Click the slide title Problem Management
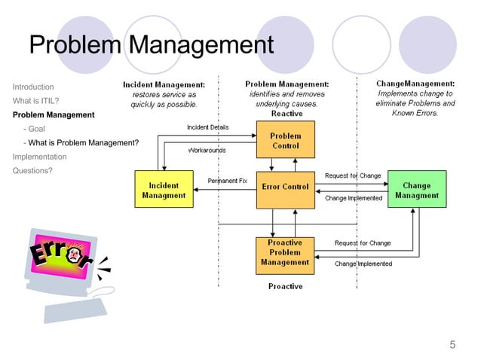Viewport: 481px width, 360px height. point(151,46)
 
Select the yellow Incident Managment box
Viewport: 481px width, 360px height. point(164,190)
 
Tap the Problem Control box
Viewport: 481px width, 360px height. point(285,141)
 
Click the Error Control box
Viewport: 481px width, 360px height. point(285,187)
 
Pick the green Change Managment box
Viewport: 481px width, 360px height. point(416,190)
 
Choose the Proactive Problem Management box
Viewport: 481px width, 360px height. point(285,252)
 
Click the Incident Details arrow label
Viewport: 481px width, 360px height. point(208,127)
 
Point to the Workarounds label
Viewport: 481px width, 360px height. point(206,151)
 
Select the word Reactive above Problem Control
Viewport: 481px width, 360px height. point(286,114)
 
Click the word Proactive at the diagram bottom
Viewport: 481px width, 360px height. point(285,286)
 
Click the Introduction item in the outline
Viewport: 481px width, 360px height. point(33,87)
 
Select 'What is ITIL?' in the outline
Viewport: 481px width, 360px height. point(36,101)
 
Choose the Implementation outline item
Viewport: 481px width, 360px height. point(39,157)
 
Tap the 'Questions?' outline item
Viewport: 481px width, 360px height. point(32,170)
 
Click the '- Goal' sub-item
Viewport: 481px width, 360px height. point(35,129)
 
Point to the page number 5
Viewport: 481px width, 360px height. point(452,345)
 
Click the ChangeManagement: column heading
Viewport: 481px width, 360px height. point(415,84)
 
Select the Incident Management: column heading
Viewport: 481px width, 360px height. point(164,84)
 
